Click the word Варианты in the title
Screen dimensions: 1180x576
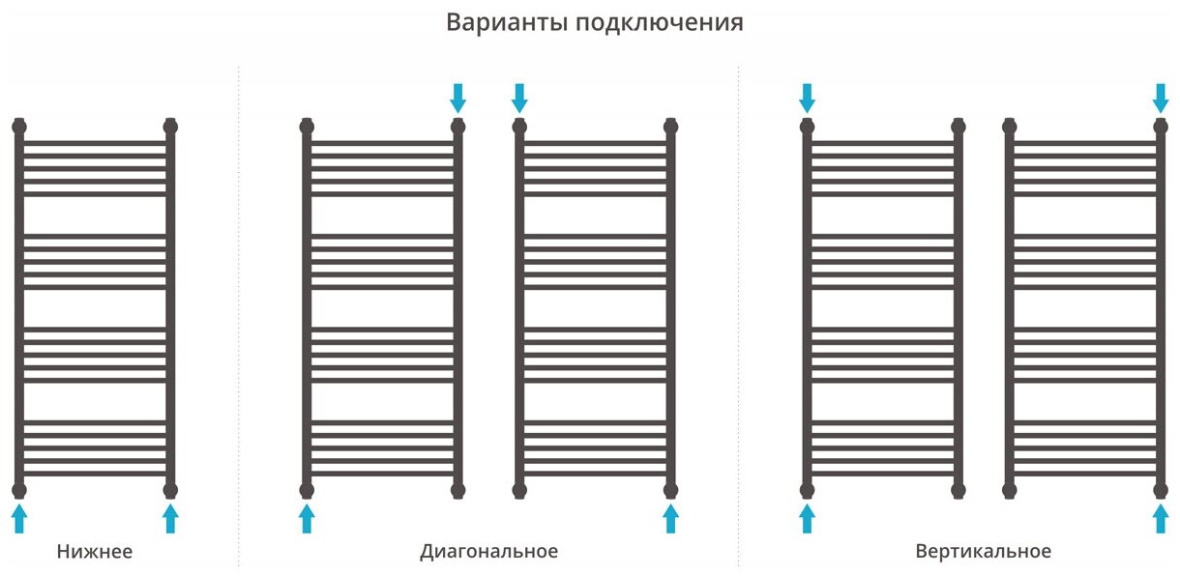[x=506, y=23]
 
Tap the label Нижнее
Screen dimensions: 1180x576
[x=94, y=552]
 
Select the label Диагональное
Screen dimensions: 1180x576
[x=488, y=552]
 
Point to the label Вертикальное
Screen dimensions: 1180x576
[x=983, y=552]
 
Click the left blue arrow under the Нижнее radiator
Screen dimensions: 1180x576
[x=19, y=518]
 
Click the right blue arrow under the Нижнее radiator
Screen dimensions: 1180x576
[x=171, y=518]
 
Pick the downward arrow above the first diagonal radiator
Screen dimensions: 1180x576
[x=458, y=97]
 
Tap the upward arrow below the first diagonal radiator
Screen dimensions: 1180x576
[x=307, y=518]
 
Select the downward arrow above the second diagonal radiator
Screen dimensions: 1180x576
[x=519, y=97]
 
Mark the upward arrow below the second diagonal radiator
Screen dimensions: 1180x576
[x=671, y=518]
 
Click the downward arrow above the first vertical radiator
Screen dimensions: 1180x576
[x=808, y=97]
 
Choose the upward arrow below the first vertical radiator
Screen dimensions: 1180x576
[x=808, y=518]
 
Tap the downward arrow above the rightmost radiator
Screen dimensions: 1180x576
[x=1161, y=97]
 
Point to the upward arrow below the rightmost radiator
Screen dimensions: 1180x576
[x=1161, y=518]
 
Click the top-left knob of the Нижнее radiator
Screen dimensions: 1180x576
[x=19, y=126]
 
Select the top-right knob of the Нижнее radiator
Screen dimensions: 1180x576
[x=171, y=126]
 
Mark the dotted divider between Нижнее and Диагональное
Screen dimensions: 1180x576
[x=239, y=319]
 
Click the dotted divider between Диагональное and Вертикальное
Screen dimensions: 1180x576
[x=738, y=319]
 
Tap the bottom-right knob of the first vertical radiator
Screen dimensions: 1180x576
[x=959, y=489]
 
